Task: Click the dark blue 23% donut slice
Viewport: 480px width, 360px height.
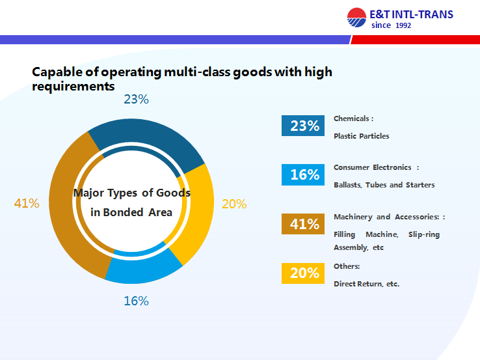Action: (x=146, y=137)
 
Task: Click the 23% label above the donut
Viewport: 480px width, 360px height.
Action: (x=137, y=100)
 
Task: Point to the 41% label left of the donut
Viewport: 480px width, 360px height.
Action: (x=27, y=203)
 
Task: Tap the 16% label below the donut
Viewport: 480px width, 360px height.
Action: (x=137, y=301)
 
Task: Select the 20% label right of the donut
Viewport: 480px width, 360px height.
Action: (x=234, y=204)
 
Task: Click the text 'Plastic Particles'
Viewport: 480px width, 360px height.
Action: (x=361, y=136)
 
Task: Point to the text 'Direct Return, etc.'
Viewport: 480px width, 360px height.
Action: (x=366, y=284)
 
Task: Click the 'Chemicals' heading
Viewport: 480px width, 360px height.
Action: (x=353, y=118)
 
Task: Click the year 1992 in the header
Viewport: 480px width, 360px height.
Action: (x=403, y=25)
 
